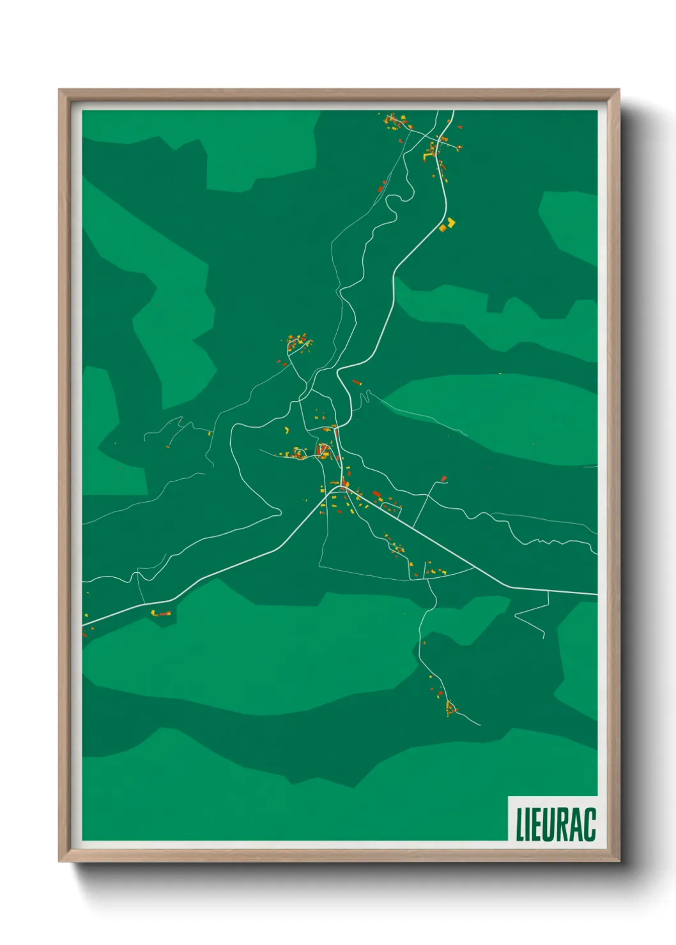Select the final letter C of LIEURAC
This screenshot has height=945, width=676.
(x=589, y=824)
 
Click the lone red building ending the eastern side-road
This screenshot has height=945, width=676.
(x=444, y=478)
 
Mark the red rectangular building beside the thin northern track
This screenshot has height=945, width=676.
(x=381, y=187)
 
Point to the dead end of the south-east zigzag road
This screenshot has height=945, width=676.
(x=544, y=637)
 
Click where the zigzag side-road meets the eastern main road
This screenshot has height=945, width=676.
(x=548, y=592)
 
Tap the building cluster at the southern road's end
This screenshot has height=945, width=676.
(x=451, y=707)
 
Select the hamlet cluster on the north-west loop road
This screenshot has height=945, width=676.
(x=297, y=344)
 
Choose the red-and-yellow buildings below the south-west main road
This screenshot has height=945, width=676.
(x=161, y=614)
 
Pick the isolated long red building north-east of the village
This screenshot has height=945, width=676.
(x=357, y=382)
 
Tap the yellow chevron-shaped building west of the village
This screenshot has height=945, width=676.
(x=286, y=430)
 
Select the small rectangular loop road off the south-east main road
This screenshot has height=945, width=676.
(x=390, y=506)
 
